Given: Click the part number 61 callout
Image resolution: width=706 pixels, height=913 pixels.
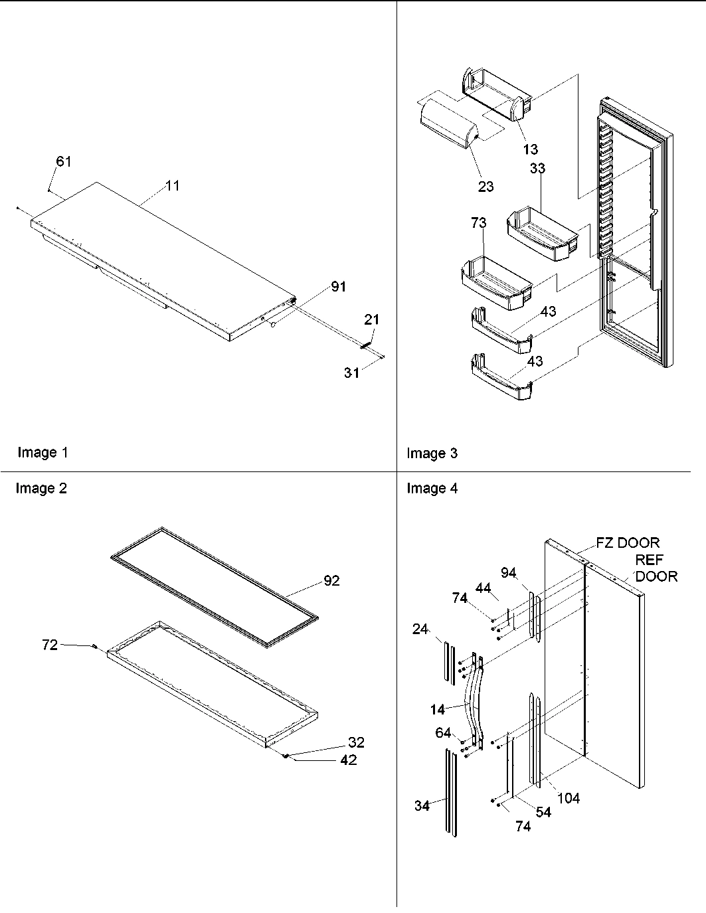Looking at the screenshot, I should [x=64, y=161].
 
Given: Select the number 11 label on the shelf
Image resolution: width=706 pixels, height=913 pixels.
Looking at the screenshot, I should [x=172, y=186].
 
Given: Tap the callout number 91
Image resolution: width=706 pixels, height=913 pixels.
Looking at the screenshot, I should [x=338, y=287].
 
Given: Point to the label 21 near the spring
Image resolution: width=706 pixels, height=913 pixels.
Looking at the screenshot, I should [x=371, y=319].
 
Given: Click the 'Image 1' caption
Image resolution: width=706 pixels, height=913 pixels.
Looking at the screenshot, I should [x=43, y=452].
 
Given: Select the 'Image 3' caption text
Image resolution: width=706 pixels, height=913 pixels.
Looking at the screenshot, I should [x=432, y=454].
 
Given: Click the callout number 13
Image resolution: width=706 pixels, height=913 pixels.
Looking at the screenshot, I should [x=530, y=149].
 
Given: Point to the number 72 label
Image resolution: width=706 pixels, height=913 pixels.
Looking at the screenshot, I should [x=50, y=644].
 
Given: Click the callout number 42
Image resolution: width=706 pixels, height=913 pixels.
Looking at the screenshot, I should [x=348, y=760].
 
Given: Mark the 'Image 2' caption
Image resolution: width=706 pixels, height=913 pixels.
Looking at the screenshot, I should [x=41, y=489].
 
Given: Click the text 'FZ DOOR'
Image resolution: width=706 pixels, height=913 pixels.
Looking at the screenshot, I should [x=628, y=543].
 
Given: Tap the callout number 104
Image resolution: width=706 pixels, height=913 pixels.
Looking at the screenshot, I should [x=568, y=798].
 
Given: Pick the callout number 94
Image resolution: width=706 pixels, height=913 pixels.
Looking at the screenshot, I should [x=509, y=572].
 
